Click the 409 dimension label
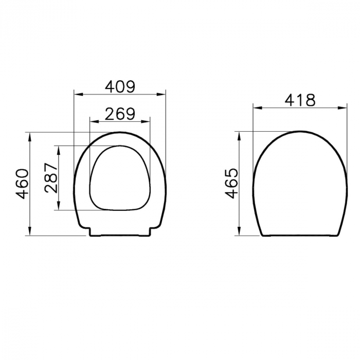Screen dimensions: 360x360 point(120,86)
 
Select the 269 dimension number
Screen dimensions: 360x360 point(120,114)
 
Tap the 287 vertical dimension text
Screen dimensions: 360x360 point(51,178)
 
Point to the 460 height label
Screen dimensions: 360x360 point(22,184)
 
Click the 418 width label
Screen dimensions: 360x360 point(300,100)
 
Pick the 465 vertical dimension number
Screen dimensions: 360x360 point(232,183)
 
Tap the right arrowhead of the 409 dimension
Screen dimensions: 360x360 point(161,94)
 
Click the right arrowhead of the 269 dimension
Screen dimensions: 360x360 point(146,121)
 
